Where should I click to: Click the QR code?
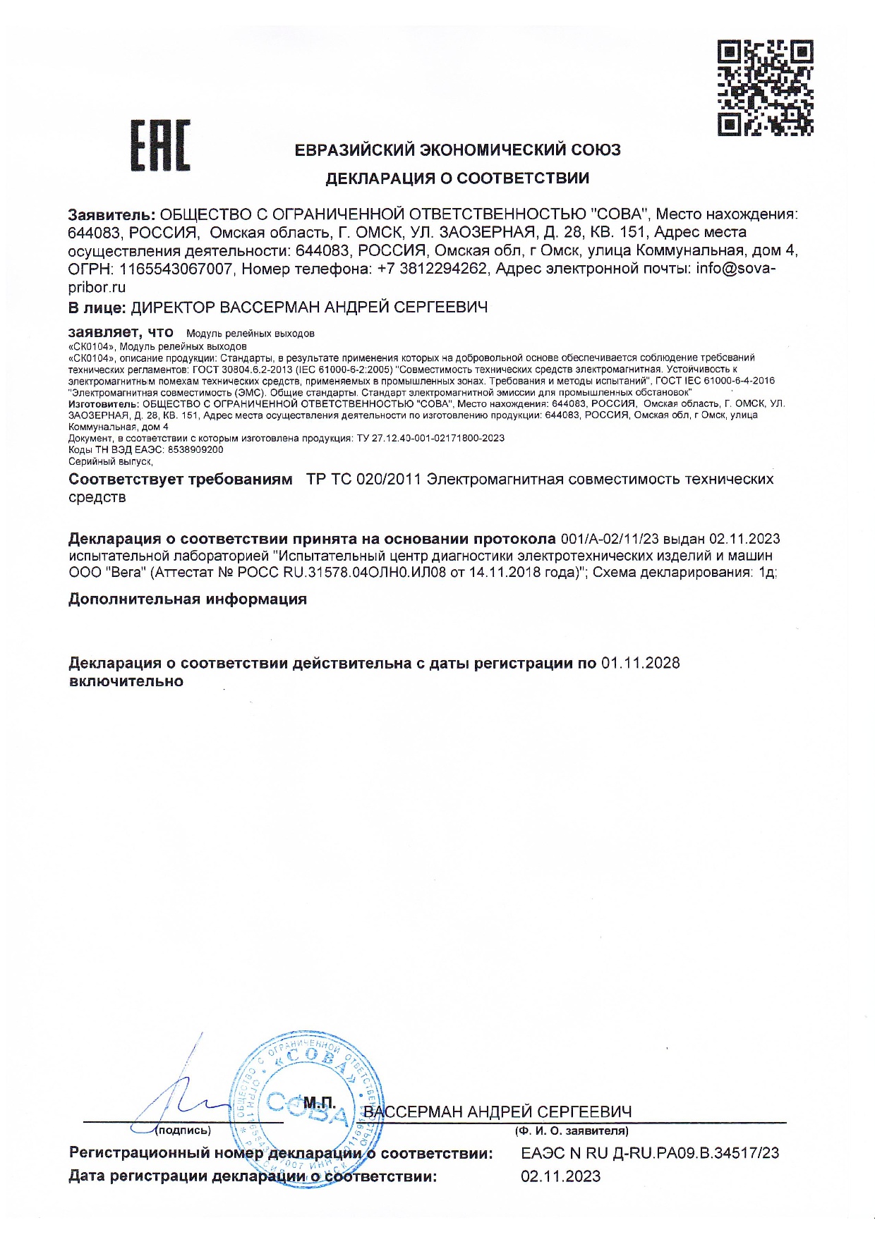click(x=765, y=87)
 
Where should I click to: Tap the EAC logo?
click(x=161, y=146)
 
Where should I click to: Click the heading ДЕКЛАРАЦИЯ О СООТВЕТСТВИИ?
click(x=457, y=178)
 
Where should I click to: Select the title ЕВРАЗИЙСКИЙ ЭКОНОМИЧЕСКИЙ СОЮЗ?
click(x=457, y=150)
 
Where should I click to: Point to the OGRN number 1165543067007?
click(x=176, y=269)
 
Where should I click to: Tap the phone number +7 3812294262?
click(x=432, y=269)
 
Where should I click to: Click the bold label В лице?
click(x=97, y=307)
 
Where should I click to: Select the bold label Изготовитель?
click(x=104, y=403)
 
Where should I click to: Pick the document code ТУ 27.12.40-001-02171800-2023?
click(x=430, y=438)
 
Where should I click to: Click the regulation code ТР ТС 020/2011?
click(x=363, y=480)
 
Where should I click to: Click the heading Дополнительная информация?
click(x=188, y=599)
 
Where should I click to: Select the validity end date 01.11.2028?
click(x=641, y=664)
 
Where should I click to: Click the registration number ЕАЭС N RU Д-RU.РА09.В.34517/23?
click(x=650, y=1154)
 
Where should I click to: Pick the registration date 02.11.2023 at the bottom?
click(x=561, y=1176)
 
